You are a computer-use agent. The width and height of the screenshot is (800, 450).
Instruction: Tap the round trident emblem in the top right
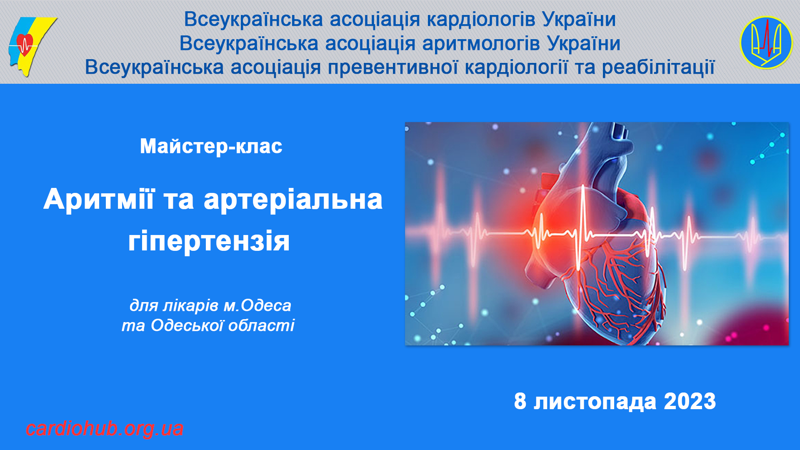click(766, 42)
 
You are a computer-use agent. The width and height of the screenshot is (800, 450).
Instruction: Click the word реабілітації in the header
click(658, 67)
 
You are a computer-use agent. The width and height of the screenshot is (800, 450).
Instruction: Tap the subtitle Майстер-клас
click(211, 146)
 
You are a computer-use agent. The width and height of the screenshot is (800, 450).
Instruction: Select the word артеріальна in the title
click(293, 200)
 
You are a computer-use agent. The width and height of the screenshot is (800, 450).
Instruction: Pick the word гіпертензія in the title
click(209, 241)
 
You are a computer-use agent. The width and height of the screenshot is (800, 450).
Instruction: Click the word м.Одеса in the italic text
click(257, 305)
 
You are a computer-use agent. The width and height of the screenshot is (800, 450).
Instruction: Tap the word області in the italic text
click(261, 325)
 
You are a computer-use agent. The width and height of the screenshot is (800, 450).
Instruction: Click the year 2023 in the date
click(690, 401)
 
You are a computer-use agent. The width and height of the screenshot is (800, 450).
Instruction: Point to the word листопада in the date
click(595, 402)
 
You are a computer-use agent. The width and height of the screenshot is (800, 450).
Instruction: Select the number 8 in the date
click(520, 401)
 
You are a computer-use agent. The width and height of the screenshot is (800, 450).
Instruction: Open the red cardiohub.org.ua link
click(105, 429)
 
